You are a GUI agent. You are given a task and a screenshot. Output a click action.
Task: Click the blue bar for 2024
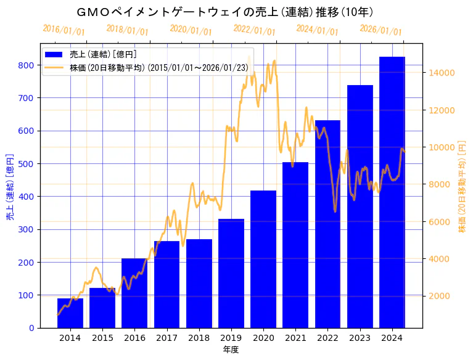click(392, 192)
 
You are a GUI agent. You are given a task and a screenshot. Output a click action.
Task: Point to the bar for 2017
click(167, 284)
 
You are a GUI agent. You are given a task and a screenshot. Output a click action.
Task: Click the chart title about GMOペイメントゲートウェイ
click(226, 12)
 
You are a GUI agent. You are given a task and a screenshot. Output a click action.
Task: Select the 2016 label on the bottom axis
click(134, 338)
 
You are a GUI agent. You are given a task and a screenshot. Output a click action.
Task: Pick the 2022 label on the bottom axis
click(327, 338)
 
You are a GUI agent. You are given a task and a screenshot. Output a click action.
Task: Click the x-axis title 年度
click(231, 350)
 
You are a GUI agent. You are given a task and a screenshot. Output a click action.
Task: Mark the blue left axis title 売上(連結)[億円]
click(9, 187)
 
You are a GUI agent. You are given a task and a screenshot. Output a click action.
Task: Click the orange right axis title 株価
click(462, 187)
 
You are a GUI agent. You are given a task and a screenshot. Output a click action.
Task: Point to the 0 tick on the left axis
click(31, 328)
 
